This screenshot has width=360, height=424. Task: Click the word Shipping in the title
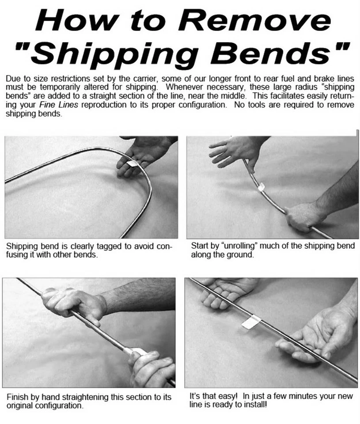pos(112,53)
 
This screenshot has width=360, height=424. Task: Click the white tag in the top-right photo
pos(261,187)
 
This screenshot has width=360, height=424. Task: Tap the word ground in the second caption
pos(242,255)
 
